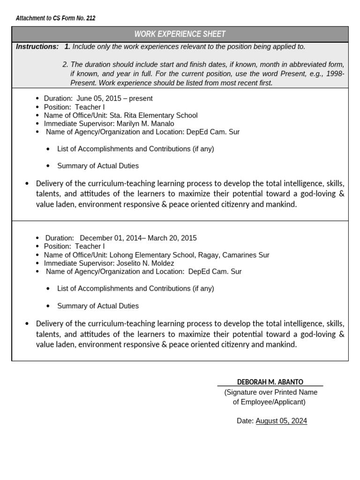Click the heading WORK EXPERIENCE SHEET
180,34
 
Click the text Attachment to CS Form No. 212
55,18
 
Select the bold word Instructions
37,46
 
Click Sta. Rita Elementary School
153,115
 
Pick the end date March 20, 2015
173,238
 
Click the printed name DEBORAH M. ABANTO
270,382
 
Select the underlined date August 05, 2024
281,421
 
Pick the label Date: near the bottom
245,421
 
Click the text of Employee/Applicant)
269,402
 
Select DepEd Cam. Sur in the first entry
213,132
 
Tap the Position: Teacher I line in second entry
74,247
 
